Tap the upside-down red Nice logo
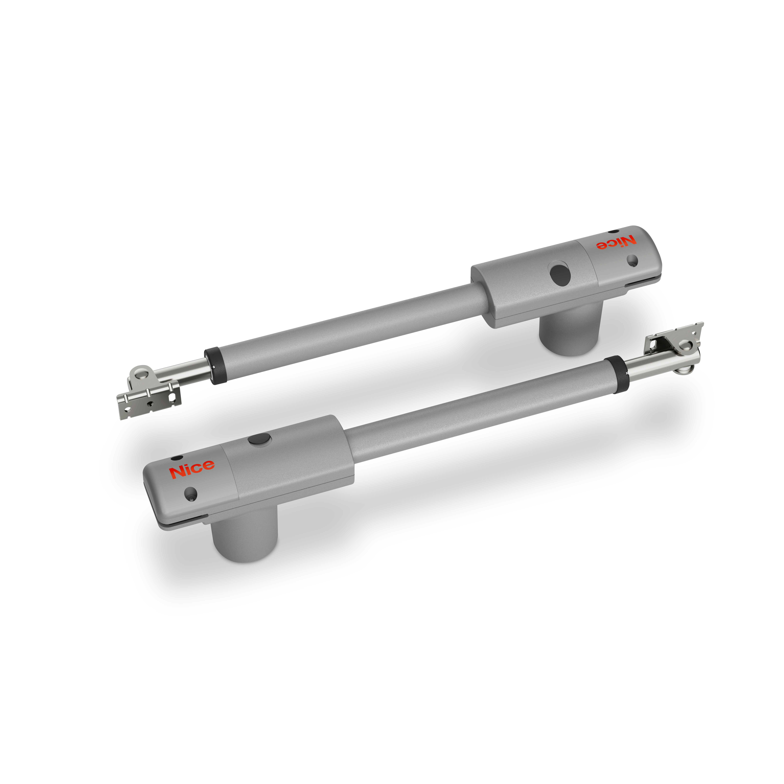click(616, 243)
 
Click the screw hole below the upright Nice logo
click(190, 493)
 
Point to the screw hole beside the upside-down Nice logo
click(632, 260)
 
